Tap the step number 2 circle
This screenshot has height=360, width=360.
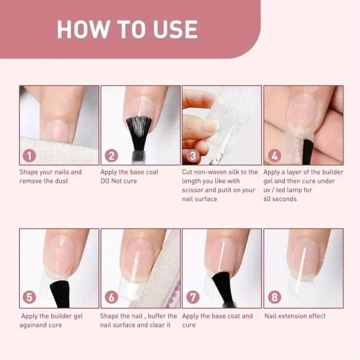[111, 156]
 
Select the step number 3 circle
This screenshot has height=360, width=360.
[193, 156]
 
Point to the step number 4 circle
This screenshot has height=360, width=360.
[275, 156]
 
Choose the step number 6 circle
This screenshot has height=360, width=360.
[111, 298]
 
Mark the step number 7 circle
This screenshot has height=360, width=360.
[193, 298]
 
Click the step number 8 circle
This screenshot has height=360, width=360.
[275, 298]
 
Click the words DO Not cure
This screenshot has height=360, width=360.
[119, 181]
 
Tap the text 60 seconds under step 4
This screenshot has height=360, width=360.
[280, 199]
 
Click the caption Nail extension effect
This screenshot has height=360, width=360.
[295, 316]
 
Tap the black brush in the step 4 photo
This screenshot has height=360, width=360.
[308, 151]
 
